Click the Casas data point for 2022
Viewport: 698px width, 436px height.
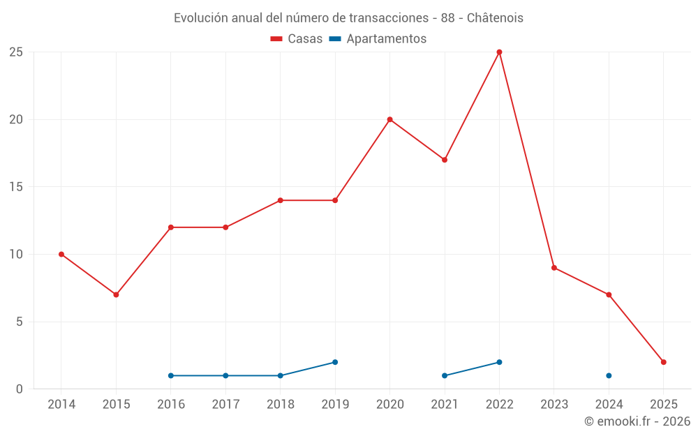[x=499, y=52]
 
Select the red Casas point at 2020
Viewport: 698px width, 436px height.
[x=389, y=119]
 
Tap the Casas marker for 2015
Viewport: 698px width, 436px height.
[x=116, y=294]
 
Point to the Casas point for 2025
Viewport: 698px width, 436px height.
[x=664, y=362]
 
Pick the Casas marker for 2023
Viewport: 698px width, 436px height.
[x=554, y=268]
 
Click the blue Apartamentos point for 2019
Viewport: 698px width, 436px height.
[x=335, y=362]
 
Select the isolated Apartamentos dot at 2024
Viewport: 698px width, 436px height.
[x=609, y=375]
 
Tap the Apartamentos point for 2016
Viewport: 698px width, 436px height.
[x=171, y=375]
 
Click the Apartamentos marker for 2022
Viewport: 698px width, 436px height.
[x=499, y=362]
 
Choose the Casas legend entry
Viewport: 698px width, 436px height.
[x=297, y=39]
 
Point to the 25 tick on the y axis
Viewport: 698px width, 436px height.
[x=16, y=52]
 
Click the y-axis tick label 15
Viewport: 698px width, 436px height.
[x=16, y=187]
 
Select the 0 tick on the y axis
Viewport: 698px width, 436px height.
[x=20, y=389]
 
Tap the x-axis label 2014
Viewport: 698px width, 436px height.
[x=61, y=404]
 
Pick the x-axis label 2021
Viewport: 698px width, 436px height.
[x=445, y=404]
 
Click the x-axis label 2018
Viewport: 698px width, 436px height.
[x=281, y=404]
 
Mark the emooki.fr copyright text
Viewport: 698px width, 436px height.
[x=637, y=421]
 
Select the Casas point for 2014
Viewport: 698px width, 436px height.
[x=61, y=254]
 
